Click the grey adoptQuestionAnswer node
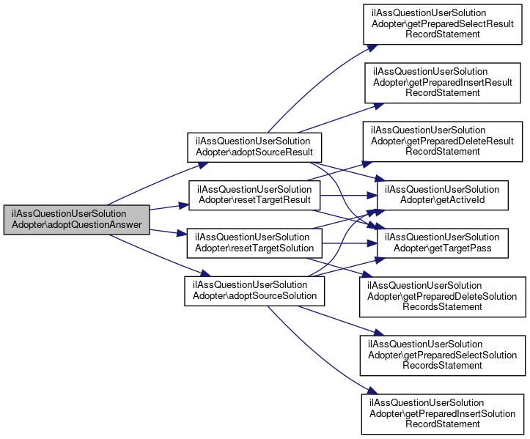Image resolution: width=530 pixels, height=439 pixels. (77, 220)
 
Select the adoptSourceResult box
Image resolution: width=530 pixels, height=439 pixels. (254, 147)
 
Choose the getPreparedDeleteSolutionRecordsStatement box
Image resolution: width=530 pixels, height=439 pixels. (442, 296)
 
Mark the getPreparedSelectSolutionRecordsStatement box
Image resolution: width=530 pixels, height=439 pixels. (442, 355)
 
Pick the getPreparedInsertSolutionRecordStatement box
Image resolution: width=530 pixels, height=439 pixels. (442, 413)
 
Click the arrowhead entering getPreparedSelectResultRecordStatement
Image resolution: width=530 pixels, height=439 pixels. (372, 45)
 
